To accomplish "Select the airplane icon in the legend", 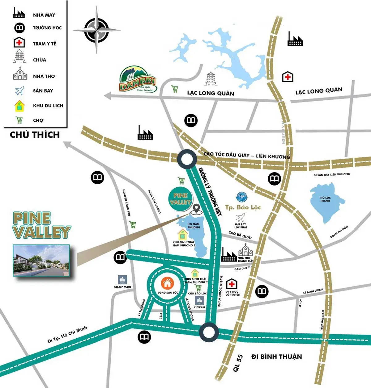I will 19,91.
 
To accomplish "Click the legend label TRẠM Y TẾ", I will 45,44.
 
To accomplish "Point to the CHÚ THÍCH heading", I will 35,135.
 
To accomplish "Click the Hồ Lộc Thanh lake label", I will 325,199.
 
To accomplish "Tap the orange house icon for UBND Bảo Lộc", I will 168,282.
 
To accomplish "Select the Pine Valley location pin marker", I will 196,209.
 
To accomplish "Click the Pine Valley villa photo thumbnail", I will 41,260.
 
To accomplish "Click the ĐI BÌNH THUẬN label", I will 276,357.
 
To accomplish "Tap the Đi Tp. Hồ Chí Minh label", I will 67,334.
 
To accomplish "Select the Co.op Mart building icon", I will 123,280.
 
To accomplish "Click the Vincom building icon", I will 199,300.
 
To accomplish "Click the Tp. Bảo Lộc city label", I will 243,207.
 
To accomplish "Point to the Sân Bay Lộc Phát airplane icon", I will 241,217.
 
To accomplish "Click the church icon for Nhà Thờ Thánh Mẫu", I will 245,250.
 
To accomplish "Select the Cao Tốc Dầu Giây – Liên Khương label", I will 247,156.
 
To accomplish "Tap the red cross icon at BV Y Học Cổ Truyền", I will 232,284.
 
